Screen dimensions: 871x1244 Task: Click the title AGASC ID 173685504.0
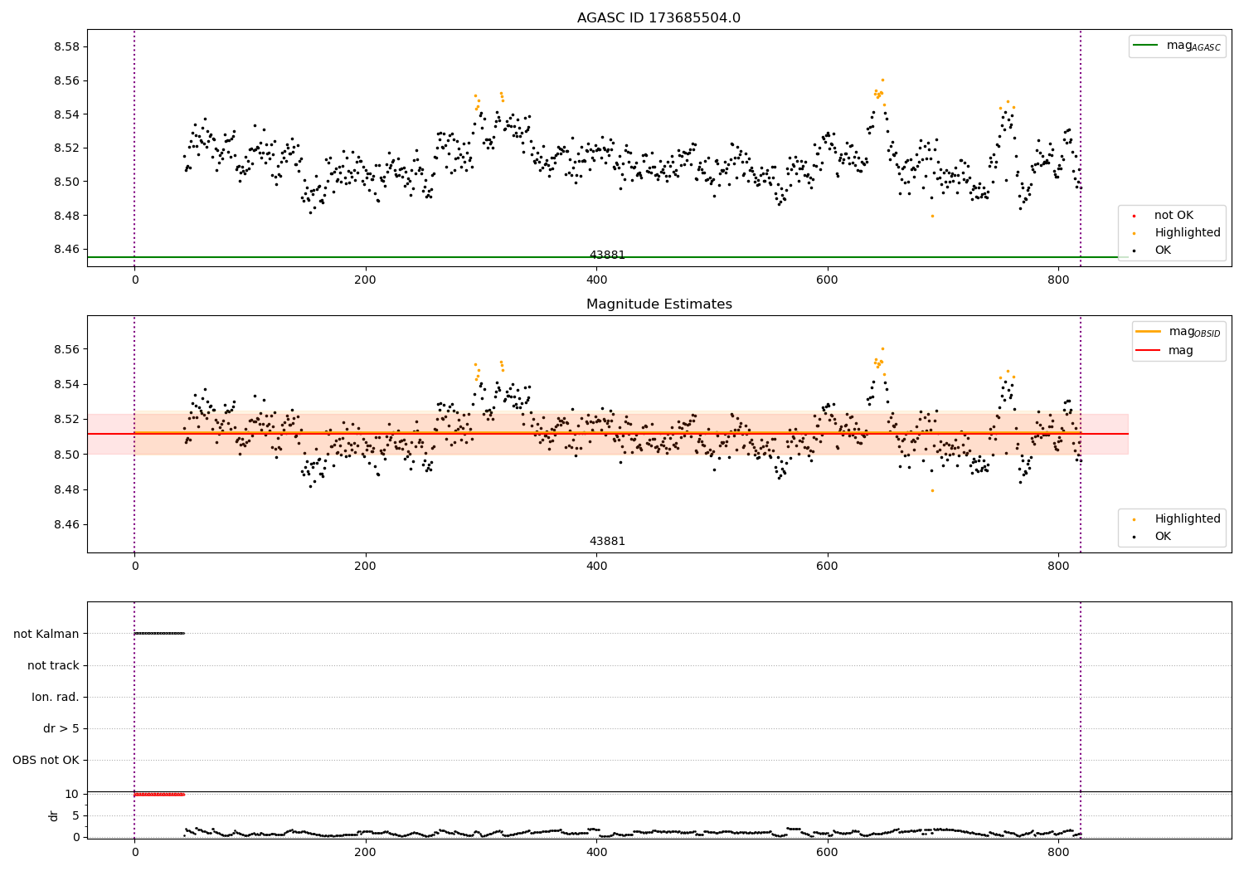click(x=658, y=18)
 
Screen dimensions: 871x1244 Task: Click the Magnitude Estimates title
click(x=658, y=304)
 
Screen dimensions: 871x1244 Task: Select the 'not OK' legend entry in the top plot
click(x=1174, y=216)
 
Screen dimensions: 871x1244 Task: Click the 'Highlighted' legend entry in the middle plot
click(x=1187, y=518)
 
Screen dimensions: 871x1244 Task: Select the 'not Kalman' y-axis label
click(x=46, y=634)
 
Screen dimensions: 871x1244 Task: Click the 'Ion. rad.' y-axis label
click(x=56, y=697)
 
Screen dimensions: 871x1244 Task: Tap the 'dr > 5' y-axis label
click(x=61, y=728)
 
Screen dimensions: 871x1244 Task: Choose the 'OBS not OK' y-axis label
click(x=46, y=760)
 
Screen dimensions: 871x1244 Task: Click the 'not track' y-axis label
click(x=53, y=665)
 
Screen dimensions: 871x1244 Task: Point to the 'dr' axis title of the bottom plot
click(x=54, y=815)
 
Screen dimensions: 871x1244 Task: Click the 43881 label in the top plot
click(x=607, y=255)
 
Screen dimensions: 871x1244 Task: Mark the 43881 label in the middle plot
click(x=607, y=541)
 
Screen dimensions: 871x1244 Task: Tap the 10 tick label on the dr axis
click(x=71, y=794)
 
